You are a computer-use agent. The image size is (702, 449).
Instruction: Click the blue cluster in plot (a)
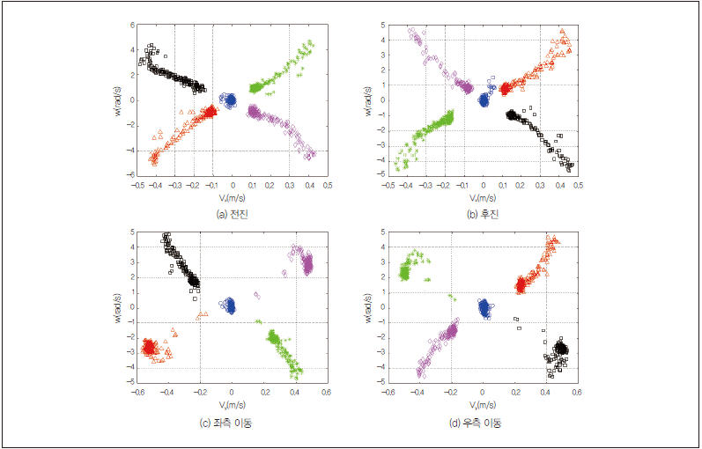tap(230, 99)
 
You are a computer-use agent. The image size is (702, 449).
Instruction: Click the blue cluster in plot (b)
tap(484, 99)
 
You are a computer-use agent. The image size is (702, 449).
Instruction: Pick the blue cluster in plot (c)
tap(230, 305)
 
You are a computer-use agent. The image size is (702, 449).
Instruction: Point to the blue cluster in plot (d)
tap(484, 307)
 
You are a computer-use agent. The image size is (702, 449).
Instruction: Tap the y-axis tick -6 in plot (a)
tap(129, 176)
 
